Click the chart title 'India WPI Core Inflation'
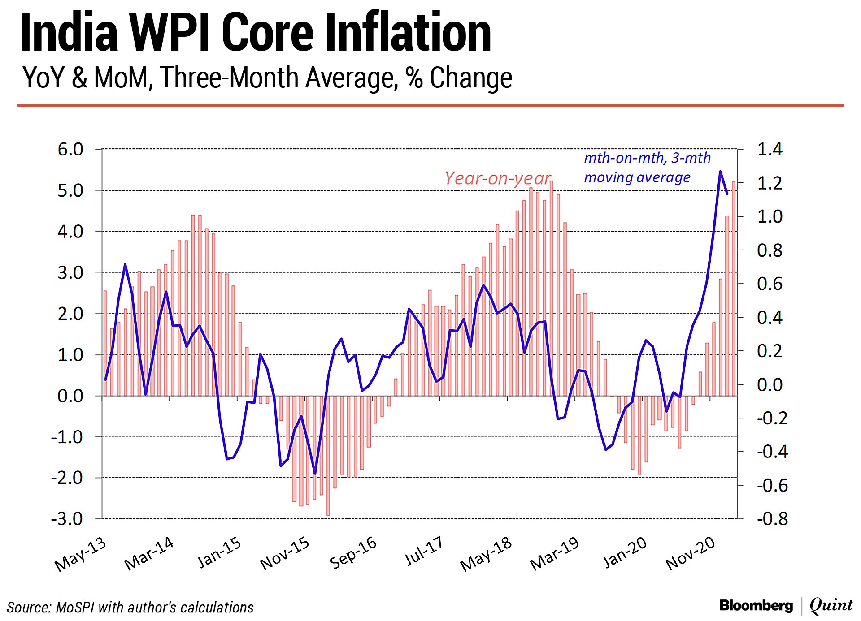(x=256, y=32)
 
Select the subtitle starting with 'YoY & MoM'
(x=267, y=78)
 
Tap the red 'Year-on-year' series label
(x=497, y=178)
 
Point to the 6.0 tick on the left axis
(x=70, y=150)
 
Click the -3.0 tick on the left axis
(x=67, y=519)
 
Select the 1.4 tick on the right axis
(x=770, y=149)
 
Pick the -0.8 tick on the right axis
(x=772, y=519)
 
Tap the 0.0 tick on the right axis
(x=770, y=384)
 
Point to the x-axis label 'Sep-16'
(x=353, y=553)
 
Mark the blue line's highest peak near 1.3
(x=720, y=172)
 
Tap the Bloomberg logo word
(x=756, y=606)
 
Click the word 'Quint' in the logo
(x=831, y=606)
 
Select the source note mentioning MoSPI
(x=130, y=608)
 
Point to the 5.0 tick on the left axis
(x=70, y=191)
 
